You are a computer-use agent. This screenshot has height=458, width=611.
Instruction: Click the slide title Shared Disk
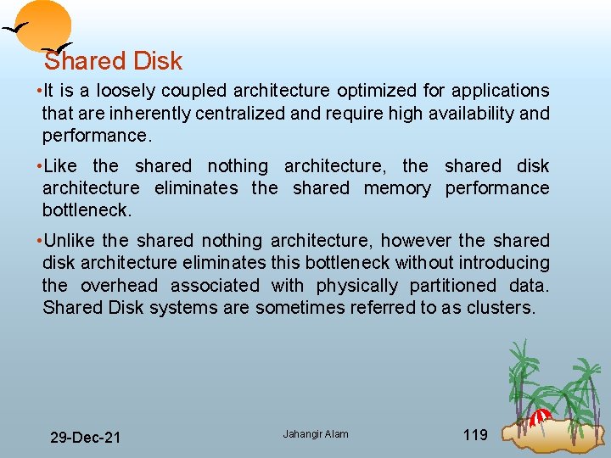point(113,61)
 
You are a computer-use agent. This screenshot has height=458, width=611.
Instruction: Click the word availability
point(469,114)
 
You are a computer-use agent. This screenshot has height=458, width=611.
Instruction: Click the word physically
point(356,286)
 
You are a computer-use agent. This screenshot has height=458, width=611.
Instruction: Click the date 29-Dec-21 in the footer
point(85,437)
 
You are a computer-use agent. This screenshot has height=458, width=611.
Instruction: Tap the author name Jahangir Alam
point(316,434)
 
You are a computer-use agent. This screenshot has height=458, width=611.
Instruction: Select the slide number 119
point(475,435)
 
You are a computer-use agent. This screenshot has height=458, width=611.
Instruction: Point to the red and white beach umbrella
point(541,416)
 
